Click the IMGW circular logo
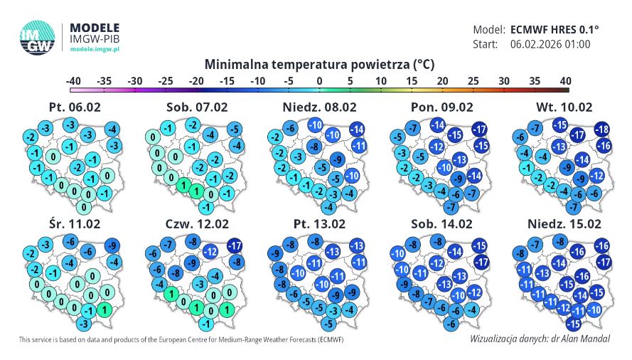coord(38,37)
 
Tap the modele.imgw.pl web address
coord(95,49)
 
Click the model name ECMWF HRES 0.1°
coord(555,30)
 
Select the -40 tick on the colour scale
coord(73,80)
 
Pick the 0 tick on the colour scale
coord(319,80)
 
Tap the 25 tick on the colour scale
coord(473,80)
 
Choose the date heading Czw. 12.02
coord(191,224)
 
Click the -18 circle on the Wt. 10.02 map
coord(602,129)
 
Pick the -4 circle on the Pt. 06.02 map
coord(111,129)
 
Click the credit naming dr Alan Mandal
coord(540,339)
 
